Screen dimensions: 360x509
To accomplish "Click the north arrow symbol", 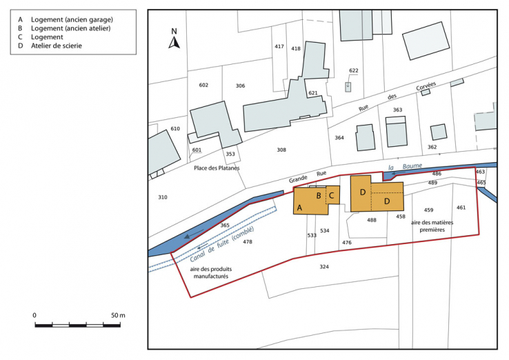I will click(x=174, y=41).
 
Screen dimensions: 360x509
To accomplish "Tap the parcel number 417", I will click(x=279, y=47).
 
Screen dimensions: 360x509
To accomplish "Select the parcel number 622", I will click(x=354, y=71).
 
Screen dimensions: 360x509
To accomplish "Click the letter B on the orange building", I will click(x=319, y=196).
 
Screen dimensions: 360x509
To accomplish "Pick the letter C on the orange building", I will click(x=332, y=196).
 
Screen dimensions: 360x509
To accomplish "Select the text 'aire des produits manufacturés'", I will click(x=210, y=270).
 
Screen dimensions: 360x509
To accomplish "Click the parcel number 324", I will click(x=324, y=266).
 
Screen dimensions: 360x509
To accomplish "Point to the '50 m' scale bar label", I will click(x=118, y=315).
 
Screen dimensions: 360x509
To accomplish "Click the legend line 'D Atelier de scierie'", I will click(x=52, y=46).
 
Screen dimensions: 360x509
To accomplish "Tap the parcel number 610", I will click(x=175, y=129).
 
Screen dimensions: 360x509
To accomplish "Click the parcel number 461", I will click(x=461, y=208).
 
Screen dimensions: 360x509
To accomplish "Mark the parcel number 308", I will click(x=281, y=150).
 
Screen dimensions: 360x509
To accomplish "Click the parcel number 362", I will click(x=432, y=147).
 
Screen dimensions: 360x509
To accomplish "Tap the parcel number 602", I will click(x=203, y=85).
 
